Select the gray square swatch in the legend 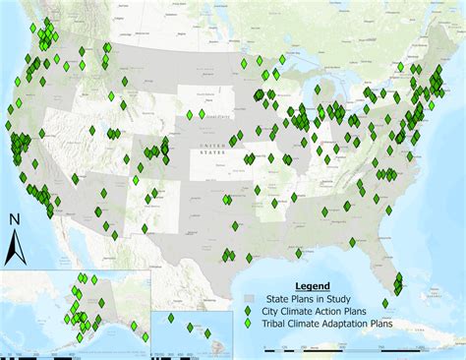249,299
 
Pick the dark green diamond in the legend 249,311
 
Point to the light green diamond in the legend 249,323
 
